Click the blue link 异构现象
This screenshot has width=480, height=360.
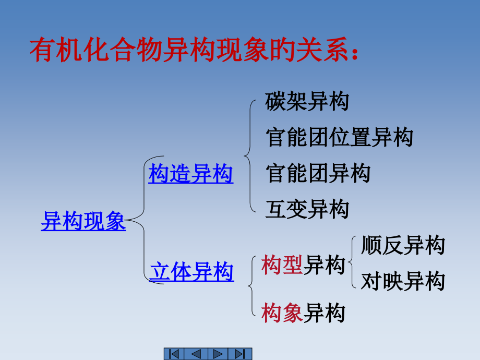point(83,221)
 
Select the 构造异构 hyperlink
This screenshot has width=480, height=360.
point(190,174)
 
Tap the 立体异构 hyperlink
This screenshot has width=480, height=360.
point(191,272)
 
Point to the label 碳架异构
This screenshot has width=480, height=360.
point(307,101)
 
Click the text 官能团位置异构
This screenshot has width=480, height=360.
point(339,137)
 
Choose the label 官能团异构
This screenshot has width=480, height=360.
point(318,173)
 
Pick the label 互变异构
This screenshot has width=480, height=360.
point(307,209)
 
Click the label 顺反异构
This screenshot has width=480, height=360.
point(403,245)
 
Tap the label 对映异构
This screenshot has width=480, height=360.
point(403,281)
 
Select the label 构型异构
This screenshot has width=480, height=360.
point(303,265)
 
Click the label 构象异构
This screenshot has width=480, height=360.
point(303,313)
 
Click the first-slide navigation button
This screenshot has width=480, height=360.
point(175,354)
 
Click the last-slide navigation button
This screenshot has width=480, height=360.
point(241,354)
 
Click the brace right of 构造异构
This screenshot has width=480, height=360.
point(249,155)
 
